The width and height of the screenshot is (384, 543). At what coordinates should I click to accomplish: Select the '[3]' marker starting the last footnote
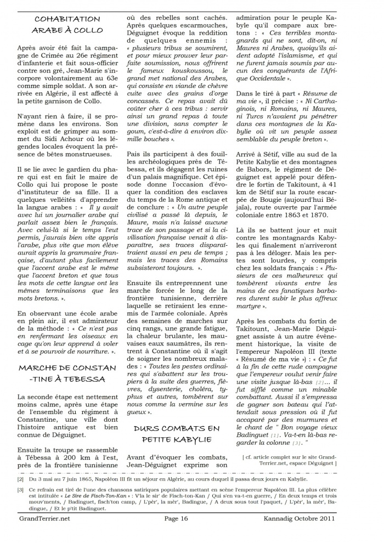click(20, 489)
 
